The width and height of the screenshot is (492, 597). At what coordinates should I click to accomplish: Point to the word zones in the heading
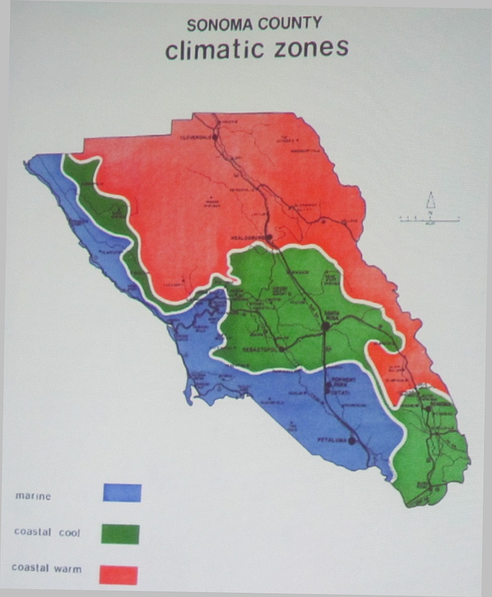311,49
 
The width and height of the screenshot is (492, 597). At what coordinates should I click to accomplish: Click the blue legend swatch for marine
122,492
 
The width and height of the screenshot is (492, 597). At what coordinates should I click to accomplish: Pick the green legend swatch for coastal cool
121,534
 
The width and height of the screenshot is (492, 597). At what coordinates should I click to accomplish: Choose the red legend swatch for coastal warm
118,574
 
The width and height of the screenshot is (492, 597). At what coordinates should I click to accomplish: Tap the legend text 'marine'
33,496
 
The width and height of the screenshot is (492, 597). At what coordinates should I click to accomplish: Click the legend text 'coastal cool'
47,532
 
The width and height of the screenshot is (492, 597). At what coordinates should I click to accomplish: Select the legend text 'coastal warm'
46,568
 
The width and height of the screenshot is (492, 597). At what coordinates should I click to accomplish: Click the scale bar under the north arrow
430,219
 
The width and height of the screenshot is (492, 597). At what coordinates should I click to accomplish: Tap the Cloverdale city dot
215,138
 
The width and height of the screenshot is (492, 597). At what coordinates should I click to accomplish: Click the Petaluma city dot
352,440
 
